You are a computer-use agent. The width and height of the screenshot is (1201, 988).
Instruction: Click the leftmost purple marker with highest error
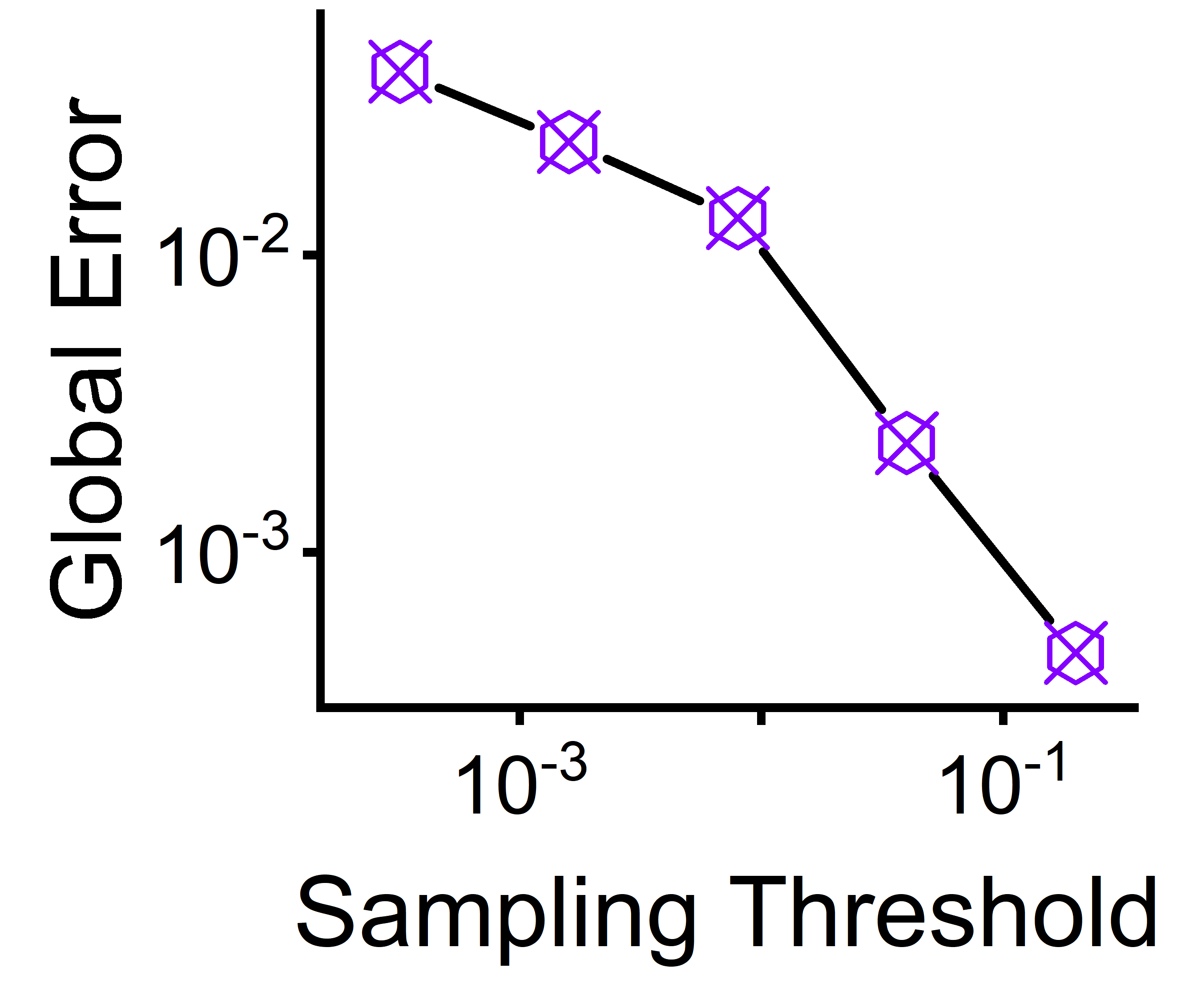tap(400, 72)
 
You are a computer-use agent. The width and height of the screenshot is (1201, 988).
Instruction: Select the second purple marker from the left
tap(568, 142)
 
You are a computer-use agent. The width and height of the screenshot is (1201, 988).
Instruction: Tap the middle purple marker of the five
tap(738, 218)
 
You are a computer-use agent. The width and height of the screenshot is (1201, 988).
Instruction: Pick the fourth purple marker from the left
tap(906, 443)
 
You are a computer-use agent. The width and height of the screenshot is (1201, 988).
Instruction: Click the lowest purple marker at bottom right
tap(1075, 653)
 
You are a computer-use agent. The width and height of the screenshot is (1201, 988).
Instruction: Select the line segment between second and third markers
tap(653, 179)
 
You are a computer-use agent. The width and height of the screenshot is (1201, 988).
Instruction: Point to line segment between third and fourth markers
tap(822, 330)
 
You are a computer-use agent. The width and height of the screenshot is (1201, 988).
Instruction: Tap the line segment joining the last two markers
tap(991, 547)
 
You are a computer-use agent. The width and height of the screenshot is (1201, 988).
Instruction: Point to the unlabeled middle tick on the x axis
tap(761, 716)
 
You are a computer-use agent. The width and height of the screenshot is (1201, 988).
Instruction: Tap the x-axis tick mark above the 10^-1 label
tap(1003, 716)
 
